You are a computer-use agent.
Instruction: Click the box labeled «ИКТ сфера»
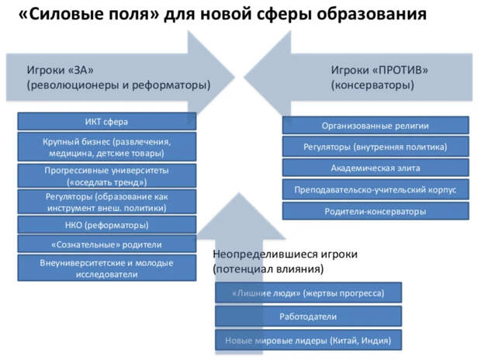(x=107, y=122)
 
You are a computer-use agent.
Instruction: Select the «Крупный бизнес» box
(x=107, y=147)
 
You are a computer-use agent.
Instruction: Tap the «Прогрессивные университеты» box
(x=107, y=176)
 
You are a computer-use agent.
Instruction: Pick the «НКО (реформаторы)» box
(x=107, y=225)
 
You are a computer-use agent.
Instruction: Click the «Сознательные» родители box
(x=107, y=244)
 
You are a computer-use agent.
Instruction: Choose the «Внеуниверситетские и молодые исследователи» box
(x=107, y=268)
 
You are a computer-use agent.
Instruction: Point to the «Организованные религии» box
(x=375, y=126)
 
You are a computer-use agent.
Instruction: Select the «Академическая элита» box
(x=375, y=168)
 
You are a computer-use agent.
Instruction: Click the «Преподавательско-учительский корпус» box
(x=375, y=189)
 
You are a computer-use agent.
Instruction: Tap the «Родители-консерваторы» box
(x=375, y=211)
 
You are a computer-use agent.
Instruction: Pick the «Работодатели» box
(x=308, y=317)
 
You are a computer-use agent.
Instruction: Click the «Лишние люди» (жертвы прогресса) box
(x=308, y=292)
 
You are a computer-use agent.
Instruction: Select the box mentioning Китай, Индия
(x=308, y=341)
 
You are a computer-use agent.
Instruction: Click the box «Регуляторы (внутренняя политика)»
(x=375, y=147)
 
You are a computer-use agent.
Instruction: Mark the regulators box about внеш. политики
(x=107, y=202)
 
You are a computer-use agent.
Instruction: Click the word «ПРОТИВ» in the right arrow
(x=400, y=70)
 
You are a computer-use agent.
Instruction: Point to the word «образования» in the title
(x=372, y=15)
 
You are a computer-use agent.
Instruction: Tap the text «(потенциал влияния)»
(x=268, y=269)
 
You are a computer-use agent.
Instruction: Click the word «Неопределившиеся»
(x=265, y=254)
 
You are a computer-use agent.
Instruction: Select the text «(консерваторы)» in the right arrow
(x=372, y=85)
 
